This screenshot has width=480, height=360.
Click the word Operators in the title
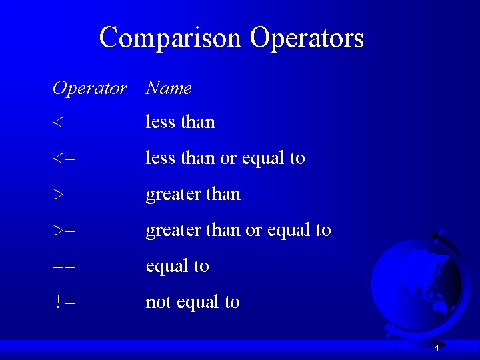point(307,37)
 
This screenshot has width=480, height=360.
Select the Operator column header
point(89,88)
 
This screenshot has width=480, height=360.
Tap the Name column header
point(169,88)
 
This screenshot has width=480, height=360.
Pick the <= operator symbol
point(65,159)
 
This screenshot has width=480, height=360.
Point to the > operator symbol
point(59,195)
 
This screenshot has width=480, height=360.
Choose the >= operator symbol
point(65,231)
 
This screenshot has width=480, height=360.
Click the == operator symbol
point(65,267)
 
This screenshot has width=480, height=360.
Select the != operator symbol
point(65,303)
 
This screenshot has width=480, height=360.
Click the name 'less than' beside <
point(181,122)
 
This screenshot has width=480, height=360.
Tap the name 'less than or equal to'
point(225,158)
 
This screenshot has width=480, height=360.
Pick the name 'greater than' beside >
point(193,194)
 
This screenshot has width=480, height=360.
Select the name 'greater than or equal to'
point(238,231)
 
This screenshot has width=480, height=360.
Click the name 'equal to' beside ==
point(177,266)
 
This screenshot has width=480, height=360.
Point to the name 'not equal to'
point(193,302)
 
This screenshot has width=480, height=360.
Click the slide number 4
point(437,348)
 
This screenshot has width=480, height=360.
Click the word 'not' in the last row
point(159,302)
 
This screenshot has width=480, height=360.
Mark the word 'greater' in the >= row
point(169,231)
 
